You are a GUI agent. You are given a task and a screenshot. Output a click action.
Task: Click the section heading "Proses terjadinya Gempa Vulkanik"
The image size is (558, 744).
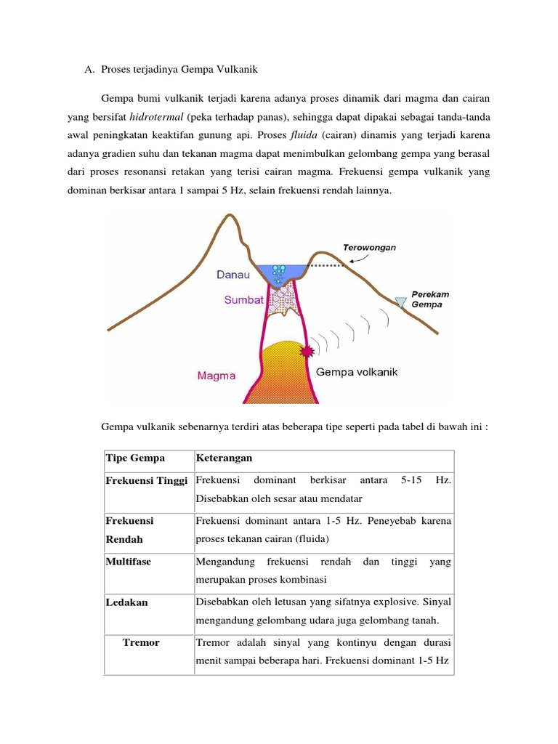177,70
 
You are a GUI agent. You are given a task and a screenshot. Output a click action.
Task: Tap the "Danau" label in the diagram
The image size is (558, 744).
233,275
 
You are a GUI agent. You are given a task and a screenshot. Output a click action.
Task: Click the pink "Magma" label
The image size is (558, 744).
217,376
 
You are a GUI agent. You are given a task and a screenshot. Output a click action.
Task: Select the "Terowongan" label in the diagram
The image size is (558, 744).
370,247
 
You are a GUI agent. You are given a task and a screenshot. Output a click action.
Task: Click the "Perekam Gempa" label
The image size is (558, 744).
430,299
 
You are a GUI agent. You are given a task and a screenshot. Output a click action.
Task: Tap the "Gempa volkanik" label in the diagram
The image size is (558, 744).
357,372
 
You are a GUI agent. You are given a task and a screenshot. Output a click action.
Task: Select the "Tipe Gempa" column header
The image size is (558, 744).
135,458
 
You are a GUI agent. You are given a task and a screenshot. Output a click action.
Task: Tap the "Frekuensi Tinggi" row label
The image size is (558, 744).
147,481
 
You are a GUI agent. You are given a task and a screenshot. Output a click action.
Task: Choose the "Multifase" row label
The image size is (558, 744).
129,562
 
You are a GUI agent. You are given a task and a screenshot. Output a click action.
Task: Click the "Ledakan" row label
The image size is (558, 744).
126,602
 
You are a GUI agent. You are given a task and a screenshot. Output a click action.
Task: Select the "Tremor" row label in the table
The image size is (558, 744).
142,643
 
